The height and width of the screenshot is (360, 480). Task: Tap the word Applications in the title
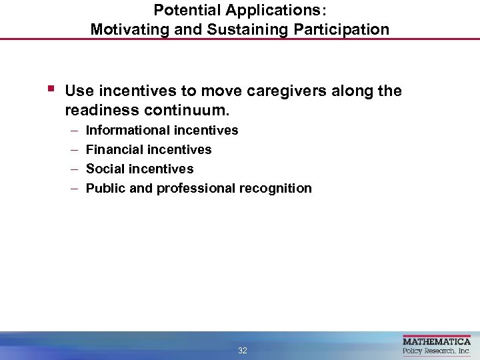(270, 10)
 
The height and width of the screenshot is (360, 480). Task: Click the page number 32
(243, 351)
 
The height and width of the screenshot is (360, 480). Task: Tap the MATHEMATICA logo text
(437, 341)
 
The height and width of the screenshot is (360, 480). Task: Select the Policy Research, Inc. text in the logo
(437, 351)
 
